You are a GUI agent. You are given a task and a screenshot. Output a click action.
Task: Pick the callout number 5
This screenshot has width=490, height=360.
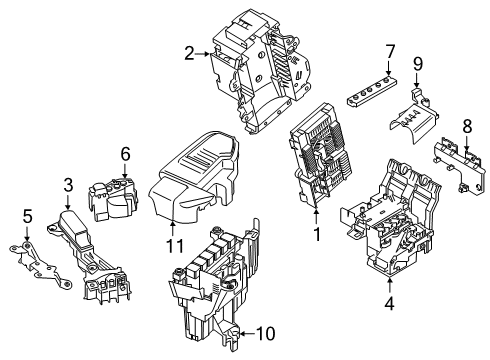(x=27, y=214)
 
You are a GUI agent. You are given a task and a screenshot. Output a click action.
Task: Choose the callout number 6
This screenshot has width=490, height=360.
(x=125, y=153)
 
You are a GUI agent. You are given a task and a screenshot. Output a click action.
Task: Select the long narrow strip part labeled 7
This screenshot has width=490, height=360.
(x=379, y=91)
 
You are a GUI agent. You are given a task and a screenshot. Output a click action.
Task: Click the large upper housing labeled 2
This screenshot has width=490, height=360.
(x=256, y=70)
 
